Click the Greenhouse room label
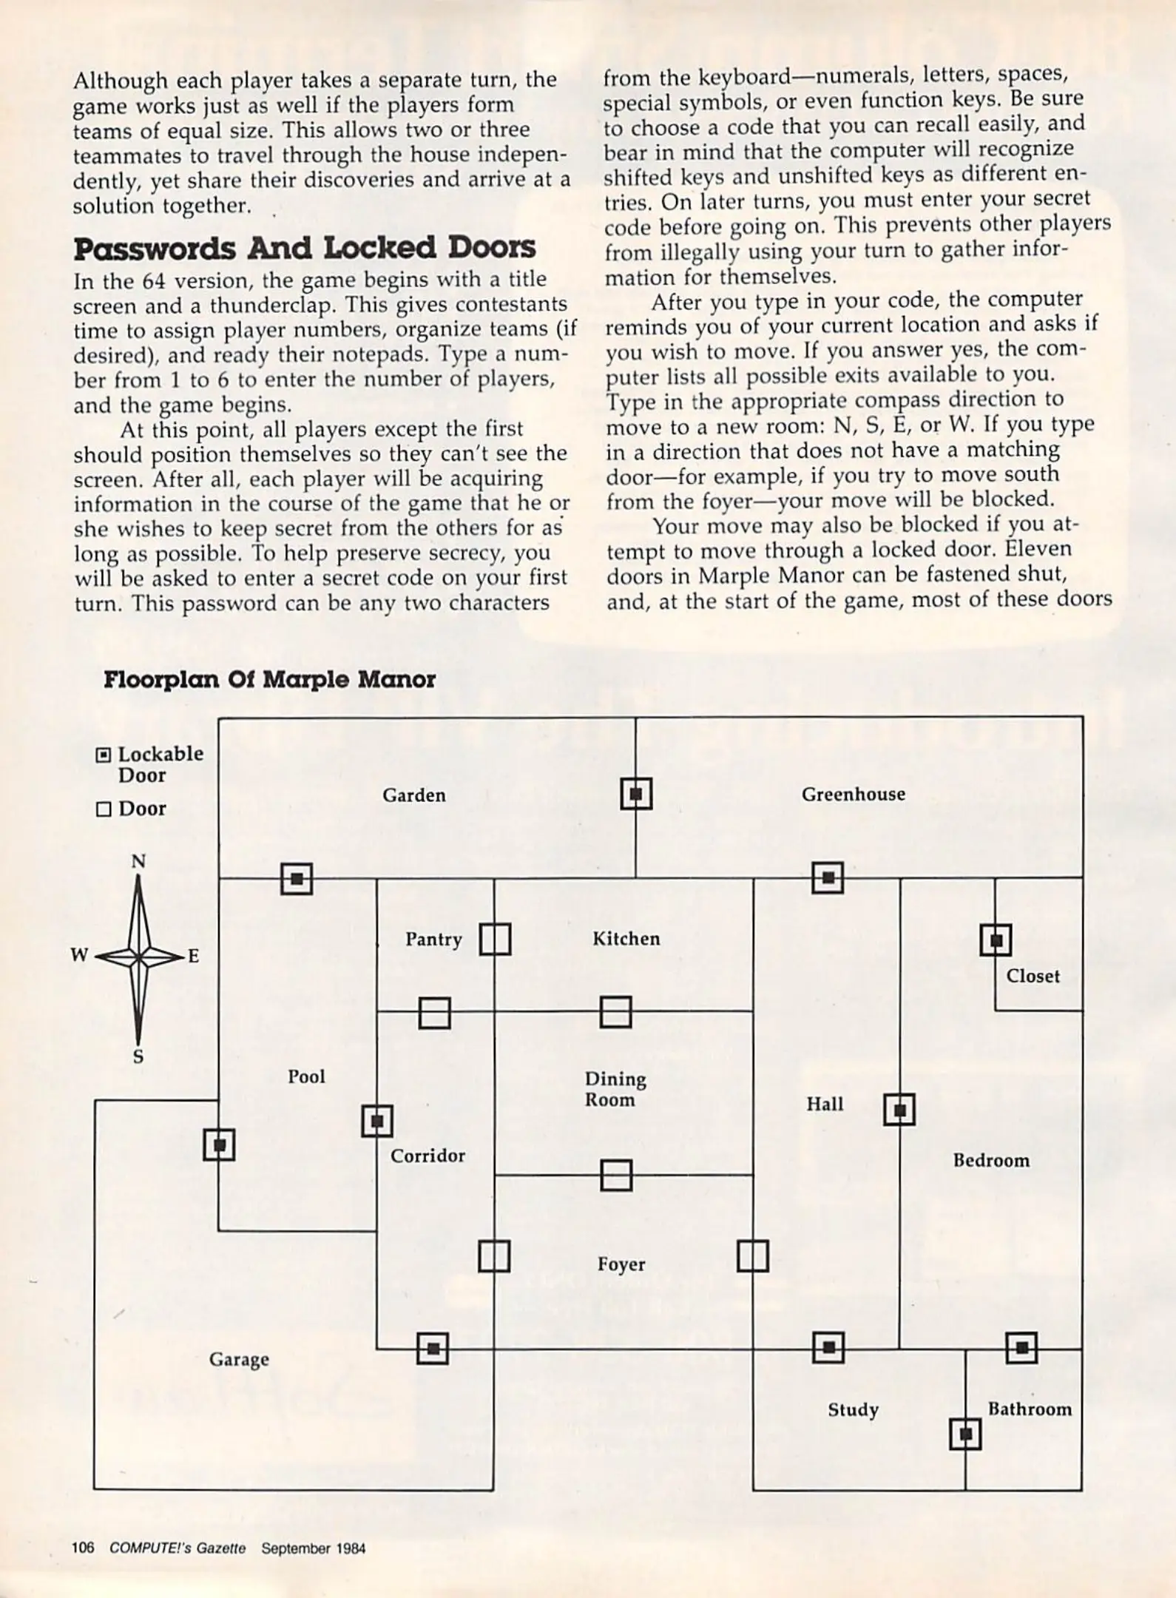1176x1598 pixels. [x=853, y=794]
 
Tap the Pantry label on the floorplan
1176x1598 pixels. [x=433, y=939]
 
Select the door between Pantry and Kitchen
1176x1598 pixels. [x=495, y=940]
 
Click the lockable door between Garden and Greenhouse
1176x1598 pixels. [x=636, y=794]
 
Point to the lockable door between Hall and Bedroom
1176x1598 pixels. [x=899, y=1110]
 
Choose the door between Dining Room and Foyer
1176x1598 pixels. [x=616, y=1175]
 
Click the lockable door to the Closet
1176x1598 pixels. [x=996, y=940]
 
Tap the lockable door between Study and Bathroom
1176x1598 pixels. [x=965, y=1435]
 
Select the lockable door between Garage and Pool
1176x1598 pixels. [x=219, y=1144]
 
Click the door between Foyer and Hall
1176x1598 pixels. [x=753, y=1255]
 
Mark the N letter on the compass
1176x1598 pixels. [x=138, y=861]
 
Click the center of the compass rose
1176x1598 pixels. [x=138, y=957]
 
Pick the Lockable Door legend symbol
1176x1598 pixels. [x=104, y=755]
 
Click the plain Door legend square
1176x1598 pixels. [x=104, y=809]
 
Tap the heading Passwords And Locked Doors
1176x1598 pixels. [x=305, y=249]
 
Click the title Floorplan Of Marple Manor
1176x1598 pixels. [x=269, y=679]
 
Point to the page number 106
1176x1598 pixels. [x=83, y=1548]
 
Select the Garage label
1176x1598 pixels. [x=239, y=1359]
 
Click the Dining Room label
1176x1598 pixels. [x=615, y=1089]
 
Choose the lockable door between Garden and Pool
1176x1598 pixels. [x=297, y=879]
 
